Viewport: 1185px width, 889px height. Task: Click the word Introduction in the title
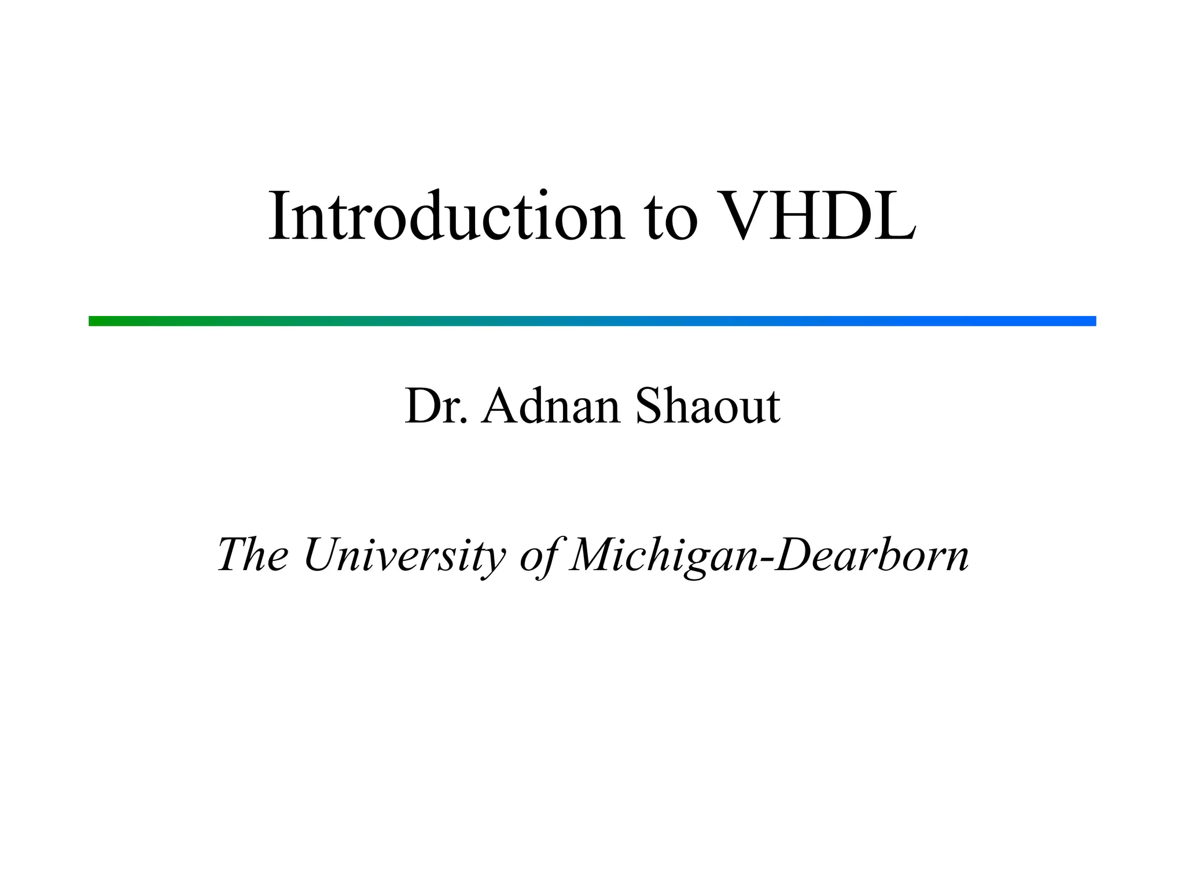(x=446, y=216)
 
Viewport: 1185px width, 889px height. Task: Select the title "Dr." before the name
(x=436, y=406)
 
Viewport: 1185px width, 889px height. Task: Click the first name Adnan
(x=551, y=406)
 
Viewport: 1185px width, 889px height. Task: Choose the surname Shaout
(x=708, y=406)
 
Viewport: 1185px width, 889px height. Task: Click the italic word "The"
(x=253, y=554)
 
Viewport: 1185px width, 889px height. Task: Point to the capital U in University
(x=322, y=554)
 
